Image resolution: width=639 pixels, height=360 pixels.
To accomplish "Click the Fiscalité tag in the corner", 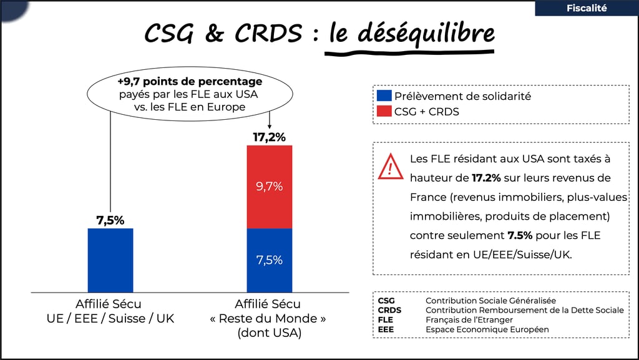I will point(587,8).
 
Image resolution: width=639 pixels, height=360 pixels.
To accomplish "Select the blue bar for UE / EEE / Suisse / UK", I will point(110,260).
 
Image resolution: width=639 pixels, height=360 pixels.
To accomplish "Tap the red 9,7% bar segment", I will point(270,187).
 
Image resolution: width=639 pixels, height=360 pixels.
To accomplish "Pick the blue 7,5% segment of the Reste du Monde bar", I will point(270,260).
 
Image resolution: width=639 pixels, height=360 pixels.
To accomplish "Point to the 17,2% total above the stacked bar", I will point(269,137).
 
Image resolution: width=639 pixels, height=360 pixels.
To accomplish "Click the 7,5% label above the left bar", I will point(110,220).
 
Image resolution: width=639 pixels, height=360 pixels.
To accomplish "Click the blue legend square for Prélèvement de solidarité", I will point(384,97).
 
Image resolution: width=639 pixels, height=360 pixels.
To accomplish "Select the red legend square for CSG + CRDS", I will point(384,112).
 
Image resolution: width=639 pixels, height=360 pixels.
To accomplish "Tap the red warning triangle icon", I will point(391,167).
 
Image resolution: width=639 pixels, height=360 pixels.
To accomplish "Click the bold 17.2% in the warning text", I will point(486,178).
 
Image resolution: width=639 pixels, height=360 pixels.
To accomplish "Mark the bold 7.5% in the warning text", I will point(519,236).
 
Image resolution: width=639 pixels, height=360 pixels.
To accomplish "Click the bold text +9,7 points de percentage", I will point(190,82).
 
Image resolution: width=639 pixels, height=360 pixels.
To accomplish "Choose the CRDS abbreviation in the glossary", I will point(389,310).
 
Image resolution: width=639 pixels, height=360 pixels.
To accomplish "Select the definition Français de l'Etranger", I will point(469,319).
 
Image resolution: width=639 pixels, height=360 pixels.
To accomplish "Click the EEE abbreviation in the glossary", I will point(386,329).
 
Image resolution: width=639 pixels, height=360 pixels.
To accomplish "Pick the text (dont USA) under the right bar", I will point(269,333).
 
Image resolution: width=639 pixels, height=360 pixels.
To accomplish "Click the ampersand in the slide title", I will point(214,34).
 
